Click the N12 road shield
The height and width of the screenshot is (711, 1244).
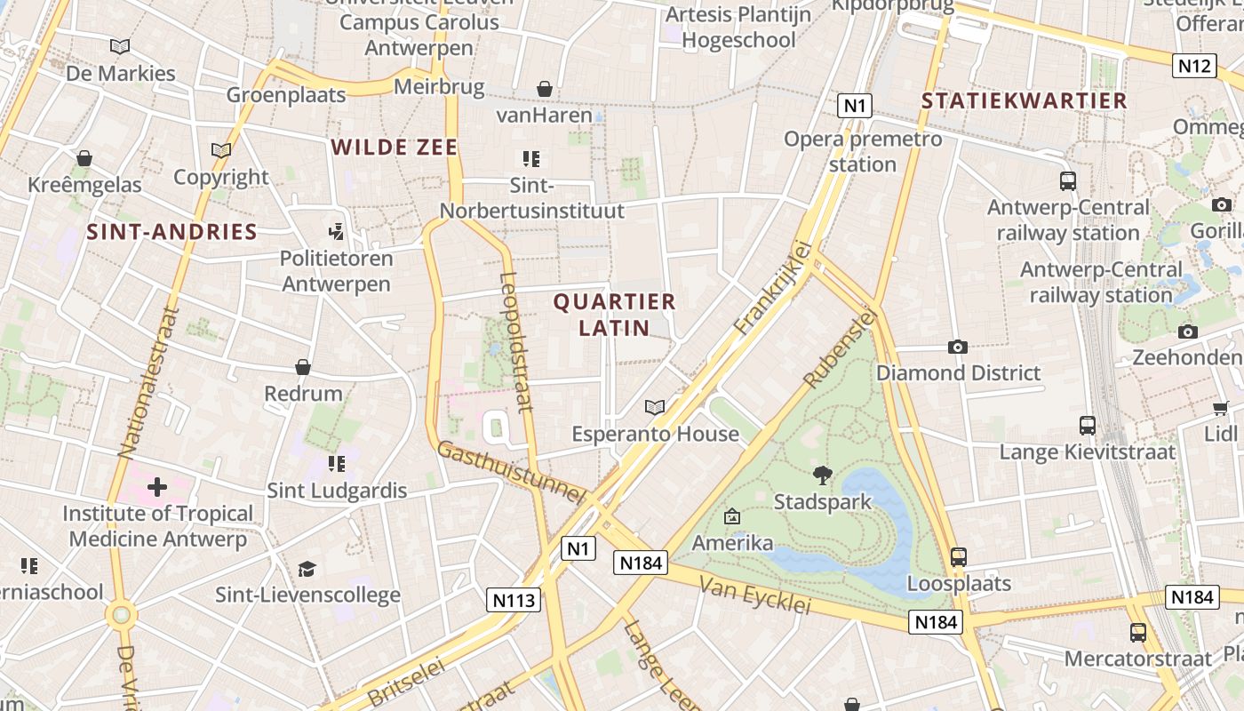1194,66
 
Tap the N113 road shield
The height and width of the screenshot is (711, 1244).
514,600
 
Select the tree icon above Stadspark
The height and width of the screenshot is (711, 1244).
823,475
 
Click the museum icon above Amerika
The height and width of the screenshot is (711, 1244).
732,516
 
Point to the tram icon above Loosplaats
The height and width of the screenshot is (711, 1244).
958,557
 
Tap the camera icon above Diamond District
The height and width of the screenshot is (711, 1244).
957,347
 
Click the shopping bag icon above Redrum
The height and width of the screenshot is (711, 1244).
303,367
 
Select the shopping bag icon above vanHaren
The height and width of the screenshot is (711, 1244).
544,89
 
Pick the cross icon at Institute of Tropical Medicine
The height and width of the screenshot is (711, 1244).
157,487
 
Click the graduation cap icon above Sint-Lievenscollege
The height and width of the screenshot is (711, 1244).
307,569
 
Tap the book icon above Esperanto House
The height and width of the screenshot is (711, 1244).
655,407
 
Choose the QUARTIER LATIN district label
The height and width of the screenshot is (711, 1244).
615,315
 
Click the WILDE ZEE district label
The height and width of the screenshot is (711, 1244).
395,148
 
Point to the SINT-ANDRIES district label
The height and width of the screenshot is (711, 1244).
171,233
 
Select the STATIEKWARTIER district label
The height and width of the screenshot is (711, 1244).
1024,100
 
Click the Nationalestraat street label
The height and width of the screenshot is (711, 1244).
149,382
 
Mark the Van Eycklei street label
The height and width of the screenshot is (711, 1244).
755,595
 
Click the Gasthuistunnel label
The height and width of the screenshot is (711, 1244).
511,472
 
